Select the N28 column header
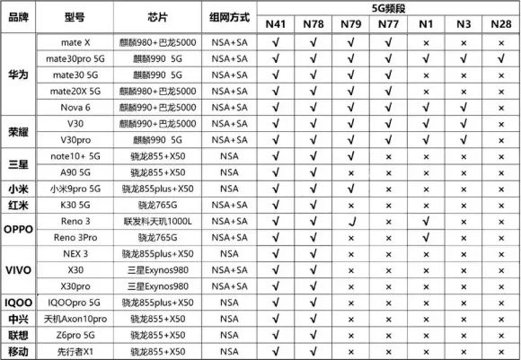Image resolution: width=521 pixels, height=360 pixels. (501, 25)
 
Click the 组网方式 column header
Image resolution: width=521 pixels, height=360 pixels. (228, 17)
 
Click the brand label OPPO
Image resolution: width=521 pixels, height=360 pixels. (17, 229)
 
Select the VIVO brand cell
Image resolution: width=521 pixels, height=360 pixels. (17, 269)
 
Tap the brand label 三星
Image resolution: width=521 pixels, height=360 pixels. (17, 164)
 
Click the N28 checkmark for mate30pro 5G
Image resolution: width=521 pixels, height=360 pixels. (501, 58)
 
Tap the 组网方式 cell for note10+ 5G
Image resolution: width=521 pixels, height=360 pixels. (228, 156)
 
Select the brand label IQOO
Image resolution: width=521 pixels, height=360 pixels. (17, 303)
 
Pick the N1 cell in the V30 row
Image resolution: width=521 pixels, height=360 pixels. (426, 123)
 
